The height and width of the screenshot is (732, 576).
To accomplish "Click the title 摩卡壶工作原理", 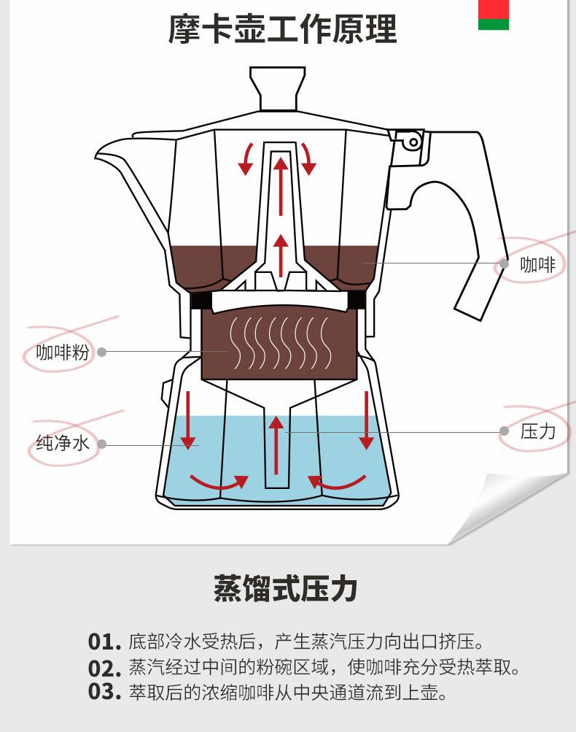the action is (x=283, y=29).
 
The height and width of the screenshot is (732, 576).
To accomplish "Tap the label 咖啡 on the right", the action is (x=538, y=264).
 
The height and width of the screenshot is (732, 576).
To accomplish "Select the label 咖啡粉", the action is (x=63, y=352).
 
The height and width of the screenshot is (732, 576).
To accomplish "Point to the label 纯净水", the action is (x=63, y=442).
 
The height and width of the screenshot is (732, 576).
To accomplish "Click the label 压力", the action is (x=538, y=431).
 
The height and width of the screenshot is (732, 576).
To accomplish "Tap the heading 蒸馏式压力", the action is (x=285, y=588).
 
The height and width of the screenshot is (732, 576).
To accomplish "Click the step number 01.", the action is (x=104, y=642).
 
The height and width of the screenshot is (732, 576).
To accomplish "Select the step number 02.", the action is (x=104, y=668).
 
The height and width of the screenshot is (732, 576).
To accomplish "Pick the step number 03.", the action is (x=104, y=692).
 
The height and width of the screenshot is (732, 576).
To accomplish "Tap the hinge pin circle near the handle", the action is (x=413, y=142).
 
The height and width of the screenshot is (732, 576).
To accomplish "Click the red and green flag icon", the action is (x=494, y=15).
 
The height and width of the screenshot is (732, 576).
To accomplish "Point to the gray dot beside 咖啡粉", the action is (x=101, y=352).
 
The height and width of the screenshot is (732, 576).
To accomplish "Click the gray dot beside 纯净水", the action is (x=101, y=444).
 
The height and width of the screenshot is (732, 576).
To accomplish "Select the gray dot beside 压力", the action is (x=504, y=431).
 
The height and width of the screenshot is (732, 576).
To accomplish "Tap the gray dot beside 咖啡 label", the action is (x=504, y=263).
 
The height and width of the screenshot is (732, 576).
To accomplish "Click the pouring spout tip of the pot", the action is (x=96, y=155).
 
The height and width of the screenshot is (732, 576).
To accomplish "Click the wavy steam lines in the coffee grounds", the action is (x=281, y=342).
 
